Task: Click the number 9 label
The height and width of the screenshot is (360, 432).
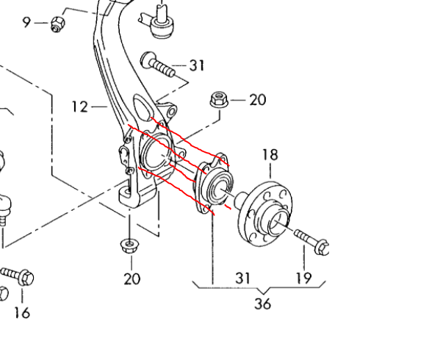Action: pyautogui.click(x=27, y=22)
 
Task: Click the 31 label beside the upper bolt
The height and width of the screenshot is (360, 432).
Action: pyautogui.click(x=196, y=66)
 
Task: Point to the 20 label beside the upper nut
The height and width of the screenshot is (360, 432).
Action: pyautogui.click(x=257, y=100)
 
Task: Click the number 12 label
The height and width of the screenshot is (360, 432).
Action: pyautogui.click(x=80, y=107)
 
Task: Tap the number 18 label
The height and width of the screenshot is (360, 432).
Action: pyautogui.click(x=270, y=155)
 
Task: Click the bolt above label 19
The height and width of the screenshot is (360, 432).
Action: pyautogui.click(x=312, y=240)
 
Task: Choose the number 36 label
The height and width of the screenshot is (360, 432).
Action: pyautogui.click(x=262, y=303)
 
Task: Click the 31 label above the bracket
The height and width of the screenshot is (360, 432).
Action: pyautogui.click(x=243, y=278)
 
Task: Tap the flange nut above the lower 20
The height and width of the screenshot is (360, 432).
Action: pyautogui.click(x=130, y=245)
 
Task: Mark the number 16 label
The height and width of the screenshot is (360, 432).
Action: pyautogui.click(x=22, y=312)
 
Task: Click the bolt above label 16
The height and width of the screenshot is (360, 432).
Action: pyautogui.click(x=18, y=276)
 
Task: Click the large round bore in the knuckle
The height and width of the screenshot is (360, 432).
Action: pyautogui.click(x=155, y=154)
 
